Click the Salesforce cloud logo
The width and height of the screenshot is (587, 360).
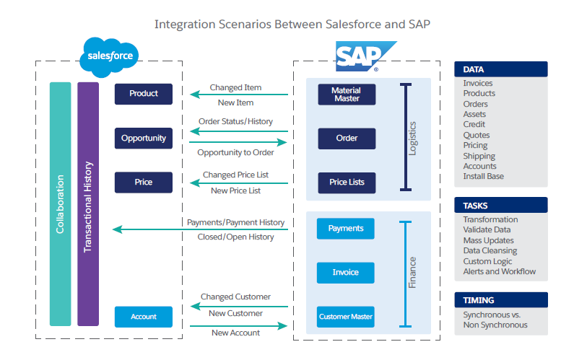[109, 57]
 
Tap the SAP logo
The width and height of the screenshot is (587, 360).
[365, 56]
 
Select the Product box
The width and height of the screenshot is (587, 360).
[144, 94]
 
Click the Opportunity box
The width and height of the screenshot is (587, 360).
[144, 138]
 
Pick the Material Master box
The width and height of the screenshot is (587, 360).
[347, 95]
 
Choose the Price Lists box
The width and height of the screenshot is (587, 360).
[347, 183]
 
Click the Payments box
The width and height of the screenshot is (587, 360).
[346, 228]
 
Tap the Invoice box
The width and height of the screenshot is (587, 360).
[346, 273]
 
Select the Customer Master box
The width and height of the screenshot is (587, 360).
[346, 317]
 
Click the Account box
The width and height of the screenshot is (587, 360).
[144, 317]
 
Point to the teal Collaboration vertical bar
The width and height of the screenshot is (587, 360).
[60, 204]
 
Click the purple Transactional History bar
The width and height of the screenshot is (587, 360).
[88, 204]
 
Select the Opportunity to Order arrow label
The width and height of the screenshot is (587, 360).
[235, 152]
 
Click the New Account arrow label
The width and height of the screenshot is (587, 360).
[235, 333]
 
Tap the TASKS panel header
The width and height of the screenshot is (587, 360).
[501, 205]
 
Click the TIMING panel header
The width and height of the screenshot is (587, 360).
[501, 300]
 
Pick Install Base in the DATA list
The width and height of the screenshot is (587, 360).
[483, 176]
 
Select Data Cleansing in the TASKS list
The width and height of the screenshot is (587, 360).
[490, 251]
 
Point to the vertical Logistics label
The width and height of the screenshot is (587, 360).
[412, 139]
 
